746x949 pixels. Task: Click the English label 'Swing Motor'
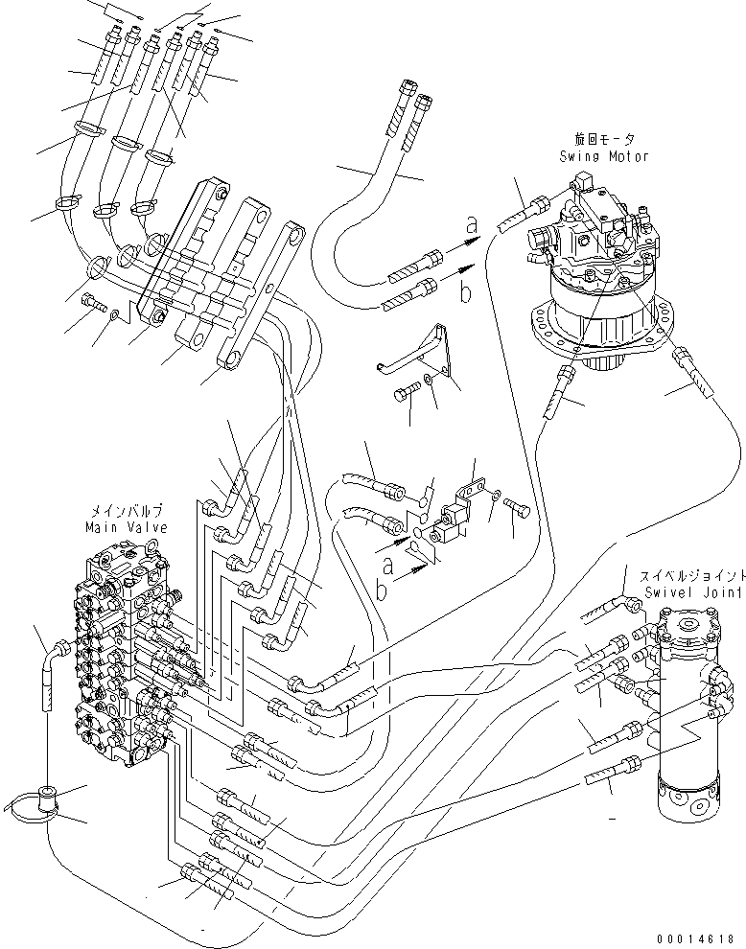606,155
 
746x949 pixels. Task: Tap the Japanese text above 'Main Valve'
125,513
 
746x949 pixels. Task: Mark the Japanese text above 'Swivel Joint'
688,577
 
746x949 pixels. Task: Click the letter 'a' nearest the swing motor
470,226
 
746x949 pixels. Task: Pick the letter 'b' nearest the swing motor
466,293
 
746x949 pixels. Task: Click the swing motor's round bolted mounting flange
594,331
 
